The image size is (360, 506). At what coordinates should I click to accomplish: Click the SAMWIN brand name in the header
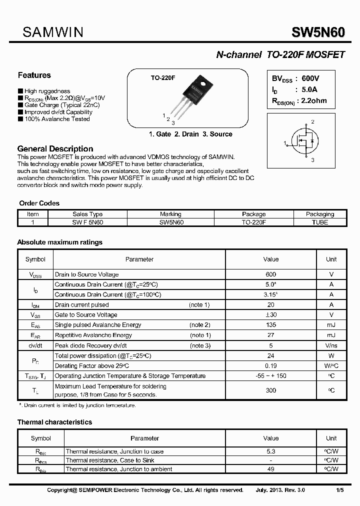pos(53,32)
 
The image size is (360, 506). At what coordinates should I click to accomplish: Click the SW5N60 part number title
pos(318,32)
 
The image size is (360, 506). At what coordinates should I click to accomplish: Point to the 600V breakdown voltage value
pos(310,79)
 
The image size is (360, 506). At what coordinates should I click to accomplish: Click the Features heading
pos(34,75)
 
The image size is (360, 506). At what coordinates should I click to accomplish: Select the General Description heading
pos(55,149)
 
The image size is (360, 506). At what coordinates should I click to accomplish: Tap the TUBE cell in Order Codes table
pos(319,222)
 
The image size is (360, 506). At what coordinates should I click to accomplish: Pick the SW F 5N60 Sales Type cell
pos(87,222)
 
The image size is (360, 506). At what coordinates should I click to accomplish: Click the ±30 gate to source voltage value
pos(270,314)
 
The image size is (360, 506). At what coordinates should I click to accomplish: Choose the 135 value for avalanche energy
pos(270,325)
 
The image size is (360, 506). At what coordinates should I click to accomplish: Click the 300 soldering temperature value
pos(270,390)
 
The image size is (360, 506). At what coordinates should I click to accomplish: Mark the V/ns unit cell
pos(331,345)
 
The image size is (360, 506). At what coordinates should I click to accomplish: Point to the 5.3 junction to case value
pos(270,451)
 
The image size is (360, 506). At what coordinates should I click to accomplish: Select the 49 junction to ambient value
pos(270,469)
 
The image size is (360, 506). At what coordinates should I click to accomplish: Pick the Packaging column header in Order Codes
pos(319,214)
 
